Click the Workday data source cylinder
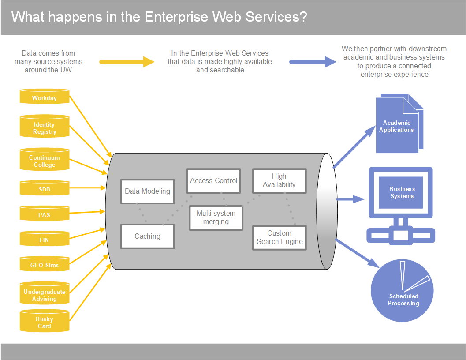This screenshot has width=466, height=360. [x=45, y=96]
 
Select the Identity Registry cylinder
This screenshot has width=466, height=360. [x=45, y=126]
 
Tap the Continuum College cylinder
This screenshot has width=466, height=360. [x=45, y=159]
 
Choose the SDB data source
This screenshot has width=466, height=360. [x=45, y=188]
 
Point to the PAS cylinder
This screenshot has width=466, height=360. [x=45, y=214]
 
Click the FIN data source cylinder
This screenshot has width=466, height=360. [x=45, y=239]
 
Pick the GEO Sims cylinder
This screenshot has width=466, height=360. [x=45, y=264]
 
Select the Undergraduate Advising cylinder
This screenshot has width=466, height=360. [x=45, y=293]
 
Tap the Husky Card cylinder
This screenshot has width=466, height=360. [x=45, y=321]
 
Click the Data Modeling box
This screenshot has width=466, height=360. [x=147, y=191]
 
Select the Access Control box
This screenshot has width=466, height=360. [x=213, y=181]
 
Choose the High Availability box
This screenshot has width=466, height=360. [x=280, y=181]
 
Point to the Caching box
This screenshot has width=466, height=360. [x=147, y=236]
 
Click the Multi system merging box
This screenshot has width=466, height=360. [x=216, y=218]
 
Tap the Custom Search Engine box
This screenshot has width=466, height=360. [x=280, y=238]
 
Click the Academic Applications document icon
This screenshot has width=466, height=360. [x=399, y=124]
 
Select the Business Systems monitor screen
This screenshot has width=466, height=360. [x=401, y=192]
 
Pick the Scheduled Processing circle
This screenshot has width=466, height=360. [x=402, y=290]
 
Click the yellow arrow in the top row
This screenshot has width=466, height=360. [x=127, y=62]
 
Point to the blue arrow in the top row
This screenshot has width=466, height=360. [x=313, y=62]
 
